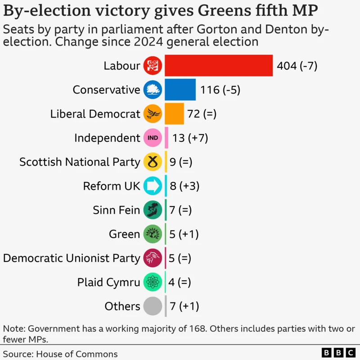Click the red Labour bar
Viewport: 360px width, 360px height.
pyautogui.click(x=219, y=66)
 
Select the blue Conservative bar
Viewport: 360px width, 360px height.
pyautogui.click(x=180, y=90)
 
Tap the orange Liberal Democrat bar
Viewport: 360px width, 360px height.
pyautogui.click(x=174, y=114)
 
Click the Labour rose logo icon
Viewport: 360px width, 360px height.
pyautogui.click(x=153, y=66)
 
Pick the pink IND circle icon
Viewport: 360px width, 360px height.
pyautogui.click(x=153, y=138)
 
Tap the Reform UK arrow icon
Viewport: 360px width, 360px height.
pyautogui.click(x=153, y=186)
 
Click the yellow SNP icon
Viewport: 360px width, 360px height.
pyautogui.click(x=153, y=162)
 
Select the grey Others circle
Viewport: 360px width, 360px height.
pyautogui.click(x=153, y=306)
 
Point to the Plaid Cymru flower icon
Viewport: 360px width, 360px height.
pyautogui.click(x=153, y=282)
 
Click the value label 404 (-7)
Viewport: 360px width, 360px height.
pyautogui.click(x=297, y=66)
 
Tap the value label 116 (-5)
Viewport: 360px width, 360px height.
pyautogui.click(x=220, y=90)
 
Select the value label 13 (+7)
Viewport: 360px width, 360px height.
pyautogui.click(x=190, y=138)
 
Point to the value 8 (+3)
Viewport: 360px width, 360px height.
pyautogui.click(x=184, y=186)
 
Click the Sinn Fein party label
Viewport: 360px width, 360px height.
pyautogui.click(x=116, y=210)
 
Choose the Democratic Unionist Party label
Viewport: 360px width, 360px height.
pyautogui.click(x=72, y=258)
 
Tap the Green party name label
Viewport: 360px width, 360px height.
pyautogui.click(x=124, y=234)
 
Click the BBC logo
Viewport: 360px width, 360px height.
pyautogui.click(x=338, y=353)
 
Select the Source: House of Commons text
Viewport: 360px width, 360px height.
pyautogui.click(x=60, y=354)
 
